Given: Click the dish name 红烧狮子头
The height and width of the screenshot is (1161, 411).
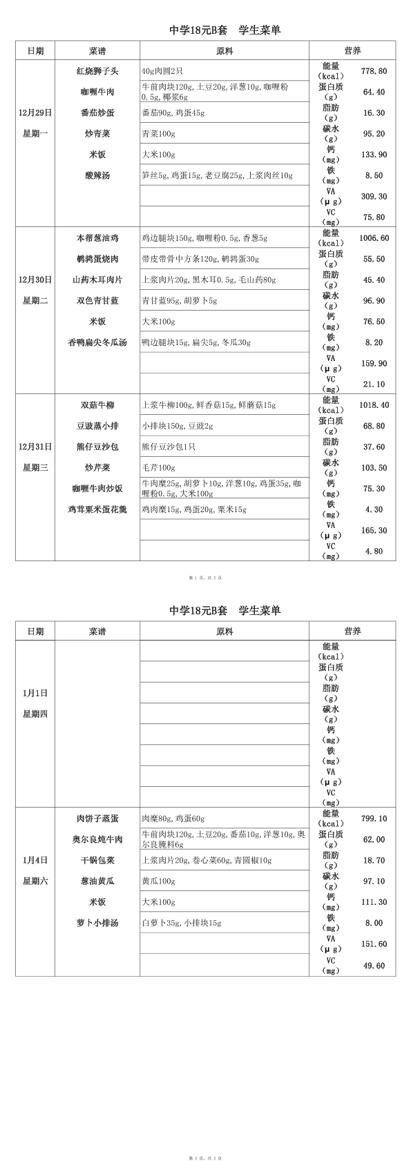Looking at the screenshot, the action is pyautogui.click(x=97, y=71).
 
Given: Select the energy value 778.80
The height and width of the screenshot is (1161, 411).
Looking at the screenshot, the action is pyautogui.click(x=374, y=71).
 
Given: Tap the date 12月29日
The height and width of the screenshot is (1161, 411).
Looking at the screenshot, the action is pyautogui.click(x=35, y=113).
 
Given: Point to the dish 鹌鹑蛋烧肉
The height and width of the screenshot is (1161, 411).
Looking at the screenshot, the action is pyautogui.click(x=97, y=259).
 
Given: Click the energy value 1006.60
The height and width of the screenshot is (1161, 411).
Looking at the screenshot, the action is pyautogui.click(x=374, y=238).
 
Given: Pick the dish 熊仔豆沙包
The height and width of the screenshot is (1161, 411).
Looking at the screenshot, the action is pyautogui.click(x=97, y=447).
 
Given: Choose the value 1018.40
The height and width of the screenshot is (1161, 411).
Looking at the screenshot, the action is pyautogui.click(x=374, y=405).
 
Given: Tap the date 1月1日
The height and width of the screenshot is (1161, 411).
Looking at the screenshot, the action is pyautogui.click(x=35, y=693).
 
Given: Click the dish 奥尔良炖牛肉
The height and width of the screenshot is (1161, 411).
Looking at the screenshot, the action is pyautogui.click(x=97, y=839).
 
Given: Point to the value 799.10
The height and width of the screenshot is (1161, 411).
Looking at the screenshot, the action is pyautogui.click(x=374, y=819).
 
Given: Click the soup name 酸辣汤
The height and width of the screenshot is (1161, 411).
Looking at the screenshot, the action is pyautogui.click(x=97, y=175).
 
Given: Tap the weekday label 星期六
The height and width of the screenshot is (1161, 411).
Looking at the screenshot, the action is pyautogui.click(x=35, y=881).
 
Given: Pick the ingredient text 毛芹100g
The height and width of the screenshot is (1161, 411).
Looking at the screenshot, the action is pyautogui.click(x=158, y=468).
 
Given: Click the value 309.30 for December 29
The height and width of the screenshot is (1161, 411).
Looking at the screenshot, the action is pyautogui.click(x=374, y=197).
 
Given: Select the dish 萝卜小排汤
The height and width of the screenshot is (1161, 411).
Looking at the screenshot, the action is pyautogui.click(x=97, y=923).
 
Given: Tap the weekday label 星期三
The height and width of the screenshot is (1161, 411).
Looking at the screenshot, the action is pyautogui.click(x=35, y=468).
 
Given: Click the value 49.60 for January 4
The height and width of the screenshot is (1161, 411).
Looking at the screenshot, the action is pyautogui.click(x=374, y=966).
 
